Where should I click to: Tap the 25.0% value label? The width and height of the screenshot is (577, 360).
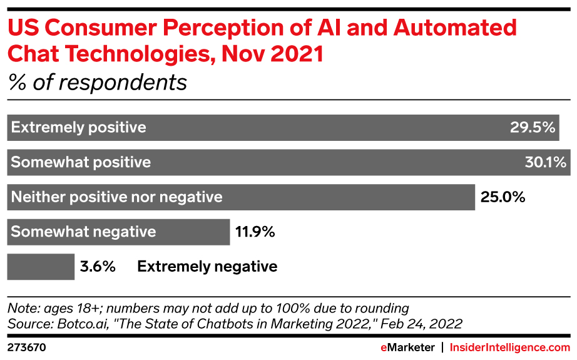(502, 197)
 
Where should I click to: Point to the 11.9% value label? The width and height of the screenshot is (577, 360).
(255, 232)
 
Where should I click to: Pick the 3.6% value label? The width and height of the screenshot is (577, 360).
(98, 267)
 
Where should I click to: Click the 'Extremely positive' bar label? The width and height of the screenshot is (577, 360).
(79, 128)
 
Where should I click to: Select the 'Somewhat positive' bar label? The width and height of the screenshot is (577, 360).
(81, 163)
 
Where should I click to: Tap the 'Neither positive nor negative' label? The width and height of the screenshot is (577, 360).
(117, 197)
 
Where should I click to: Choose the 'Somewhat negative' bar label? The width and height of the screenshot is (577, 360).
(83, 232)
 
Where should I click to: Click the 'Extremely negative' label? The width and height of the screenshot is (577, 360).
(207, 267)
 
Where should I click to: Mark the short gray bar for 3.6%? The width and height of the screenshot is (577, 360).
(41, 267)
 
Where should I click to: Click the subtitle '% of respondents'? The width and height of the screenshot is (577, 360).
(97, 83)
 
